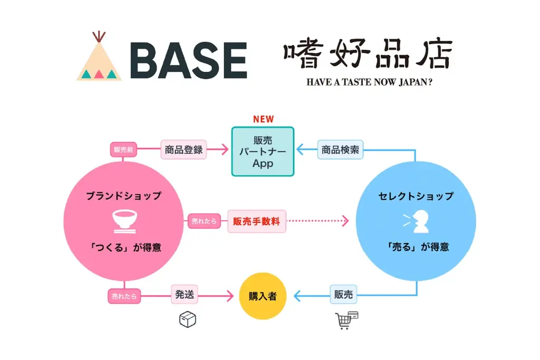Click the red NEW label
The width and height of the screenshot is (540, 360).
263,119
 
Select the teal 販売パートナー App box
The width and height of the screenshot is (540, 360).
263,151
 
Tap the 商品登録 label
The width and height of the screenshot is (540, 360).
184,150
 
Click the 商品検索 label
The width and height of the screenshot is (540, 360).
341,150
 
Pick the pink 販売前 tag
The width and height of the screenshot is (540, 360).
123,150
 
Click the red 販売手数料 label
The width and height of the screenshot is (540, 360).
256,221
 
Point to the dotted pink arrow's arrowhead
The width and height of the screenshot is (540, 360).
345,221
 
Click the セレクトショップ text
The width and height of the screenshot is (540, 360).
416,196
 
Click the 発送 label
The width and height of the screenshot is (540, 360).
185,295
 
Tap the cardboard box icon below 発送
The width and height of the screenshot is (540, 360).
187,319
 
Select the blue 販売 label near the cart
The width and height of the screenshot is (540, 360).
343,295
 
